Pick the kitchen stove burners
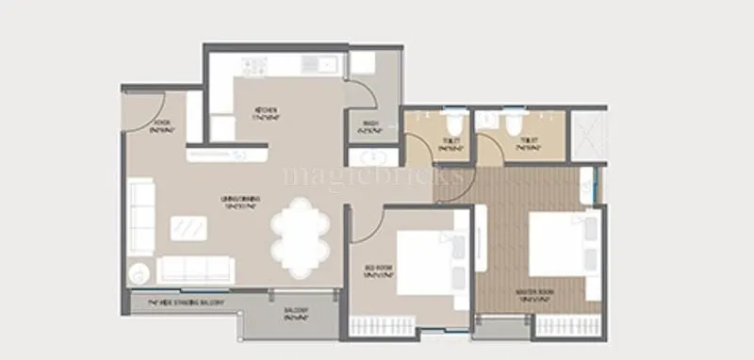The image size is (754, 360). click(254, 67)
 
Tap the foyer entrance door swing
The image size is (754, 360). click(143, 111)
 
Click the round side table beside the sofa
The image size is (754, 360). click(139, 273)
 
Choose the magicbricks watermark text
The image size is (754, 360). click(374, 175)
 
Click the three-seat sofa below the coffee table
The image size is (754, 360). click(193, 269)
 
